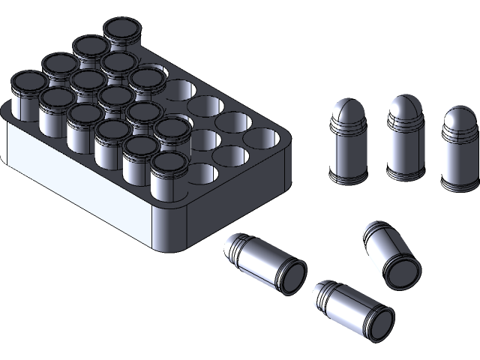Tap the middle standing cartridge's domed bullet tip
tap(405, 108)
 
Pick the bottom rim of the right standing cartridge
tap(459, 186)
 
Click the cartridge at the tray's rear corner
tap(122, 32)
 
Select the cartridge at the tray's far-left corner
tap(28, 82)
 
